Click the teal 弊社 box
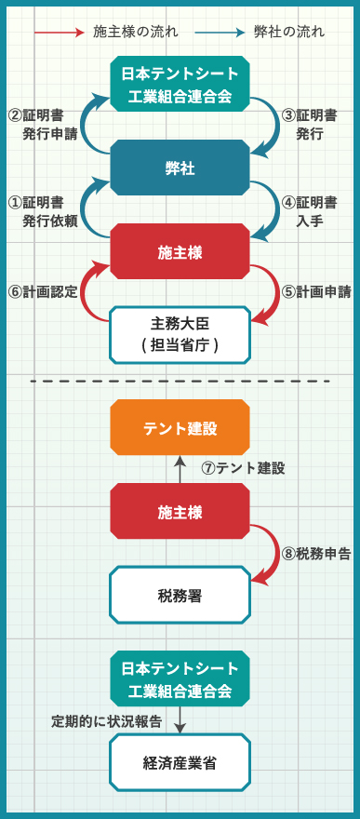(x=180, y=168)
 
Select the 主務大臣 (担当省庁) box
(x=180, y=334)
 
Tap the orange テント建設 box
(x=180, y=428)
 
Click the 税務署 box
(x=180, y=595)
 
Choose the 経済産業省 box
(x=180, y=762)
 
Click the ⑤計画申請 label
(x=316, y=291)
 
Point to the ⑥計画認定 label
(x=42, y=291)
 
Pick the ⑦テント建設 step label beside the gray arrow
(x=243, y=469)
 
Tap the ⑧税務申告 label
(x=316, y=553)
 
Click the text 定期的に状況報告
(x=106, y=721)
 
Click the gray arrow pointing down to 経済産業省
(x=180, y=719)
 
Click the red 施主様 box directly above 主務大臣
(x=180, y=250)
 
